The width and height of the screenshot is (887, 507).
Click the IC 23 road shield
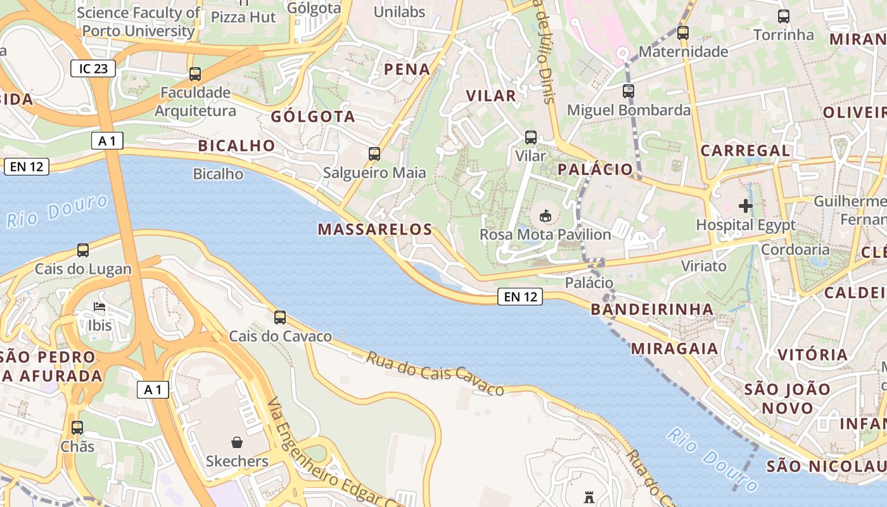point(93,68)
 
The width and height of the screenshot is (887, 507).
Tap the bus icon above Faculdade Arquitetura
point(195,74)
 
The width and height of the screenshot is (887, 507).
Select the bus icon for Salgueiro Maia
point(374,153)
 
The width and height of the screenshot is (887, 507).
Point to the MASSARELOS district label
point(375,229)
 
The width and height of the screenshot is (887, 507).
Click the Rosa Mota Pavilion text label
point(545,234)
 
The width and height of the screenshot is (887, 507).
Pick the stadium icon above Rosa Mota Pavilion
point(545,216)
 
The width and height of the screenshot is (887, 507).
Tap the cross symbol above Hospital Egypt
point(746,206)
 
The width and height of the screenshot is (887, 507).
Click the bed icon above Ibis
point(99,307)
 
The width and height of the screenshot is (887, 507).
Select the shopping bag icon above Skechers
point(237,442)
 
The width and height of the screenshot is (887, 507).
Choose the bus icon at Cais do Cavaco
point(280,318)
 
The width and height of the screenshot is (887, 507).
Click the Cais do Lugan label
point(83,269)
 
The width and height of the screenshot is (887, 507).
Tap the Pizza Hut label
point(243,16)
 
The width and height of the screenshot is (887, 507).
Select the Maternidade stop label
point(683,51)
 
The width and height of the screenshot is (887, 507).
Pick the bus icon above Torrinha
point(784,16)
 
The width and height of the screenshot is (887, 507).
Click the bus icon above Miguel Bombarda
point(629,91)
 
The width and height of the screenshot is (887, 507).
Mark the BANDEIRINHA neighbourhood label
point(652,309)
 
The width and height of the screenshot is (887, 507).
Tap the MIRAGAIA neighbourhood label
point(674,348)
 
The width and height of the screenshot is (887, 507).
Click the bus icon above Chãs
point(77,428)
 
